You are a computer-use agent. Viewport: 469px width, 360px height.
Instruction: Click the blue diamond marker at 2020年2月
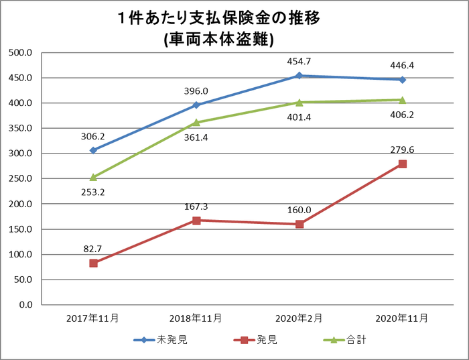pos(299,76)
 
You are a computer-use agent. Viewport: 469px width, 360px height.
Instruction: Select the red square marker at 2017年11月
pos(94,263)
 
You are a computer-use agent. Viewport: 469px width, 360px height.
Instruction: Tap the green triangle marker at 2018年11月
pos(196,122)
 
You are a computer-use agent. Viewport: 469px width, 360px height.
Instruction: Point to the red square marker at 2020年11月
pos(402,164)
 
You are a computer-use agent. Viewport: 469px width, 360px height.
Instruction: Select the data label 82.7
pos(92,248)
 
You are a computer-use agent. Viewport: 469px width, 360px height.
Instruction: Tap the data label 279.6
pos(402,149)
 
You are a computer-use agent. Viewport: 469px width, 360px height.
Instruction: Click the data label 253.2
pos(92,192)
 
